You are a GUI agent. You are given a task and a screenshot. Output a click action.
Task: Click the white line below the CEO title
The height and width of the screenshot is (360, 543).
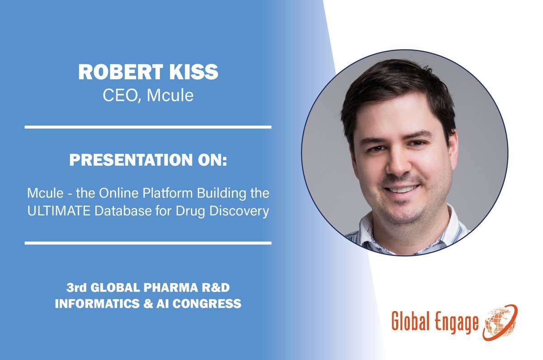tap(148, 127)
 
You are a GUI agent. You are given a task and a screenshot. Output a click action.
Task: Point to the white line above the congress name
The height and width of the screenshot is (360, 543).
tap(148, 243)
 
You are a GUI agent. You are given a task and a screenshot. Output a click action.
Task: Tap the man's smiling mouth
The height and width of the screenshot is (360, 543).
tap(402, 189)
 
